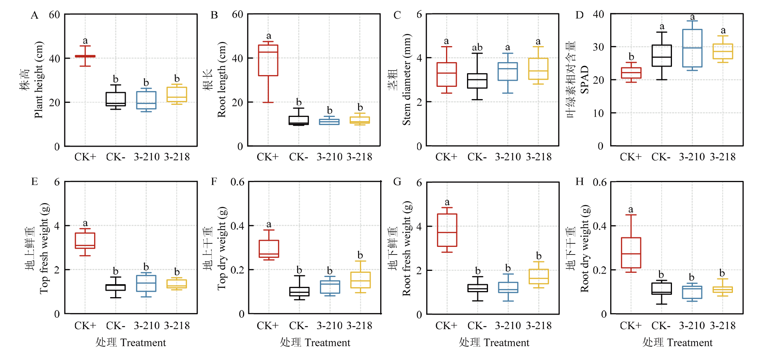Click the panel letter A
(34, 15)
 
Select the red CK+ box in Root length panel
(268, 60)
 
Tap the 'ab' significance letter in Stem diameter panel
(477, 48)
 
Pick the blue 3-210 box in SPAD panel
(692, 48)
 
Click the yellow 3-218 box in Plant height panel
(177, 94)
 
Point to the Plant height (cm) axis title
(39, 80)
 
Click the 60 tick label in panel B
(237, 14)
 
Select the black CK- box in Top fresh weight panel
(115, 287)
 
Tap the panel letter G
(397, 182)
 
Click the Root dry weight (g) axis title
(585, 248)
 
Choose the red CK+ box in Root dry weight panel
(631, 253)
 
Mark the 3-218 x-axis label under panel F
(359, 326)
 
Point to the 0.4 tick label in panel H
(600, 226)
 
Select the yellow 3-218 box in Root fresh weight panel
(538, 277)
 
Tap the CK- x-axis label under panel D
(661, 157)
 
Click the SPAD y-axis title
(585, 80)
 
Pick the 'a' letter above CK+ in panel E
(85, 223)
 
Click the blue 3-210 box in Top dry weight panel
(330, 287)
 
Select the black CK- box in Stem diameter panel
(477, 81)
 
